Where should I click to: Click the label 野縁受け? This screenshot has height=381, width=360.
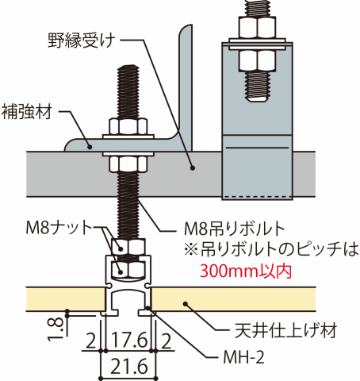82,40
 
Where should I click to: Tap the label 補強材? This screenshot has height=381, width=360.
27,112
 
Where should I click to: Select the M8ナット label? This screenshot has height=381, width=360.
59,228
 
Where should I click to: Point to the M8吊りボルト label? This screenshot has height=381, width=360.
234,229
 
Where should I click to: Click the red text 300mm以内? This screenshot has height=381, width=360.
246,271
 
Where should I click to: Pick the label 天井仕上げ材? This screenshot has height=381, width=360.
286,330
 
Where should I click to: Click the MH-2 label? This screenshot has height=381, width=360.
243,357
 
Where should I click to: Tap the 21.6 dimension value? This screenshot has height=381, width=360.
128,367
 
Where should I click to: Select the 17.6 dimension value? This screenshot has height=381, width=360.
128,340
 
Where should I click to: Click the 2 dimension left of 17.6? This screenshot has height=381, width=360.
91,341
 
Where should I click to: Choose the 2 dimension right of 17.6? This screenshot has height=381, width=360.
166,341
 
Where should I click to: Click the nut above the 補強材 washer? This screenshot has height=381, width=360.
128,126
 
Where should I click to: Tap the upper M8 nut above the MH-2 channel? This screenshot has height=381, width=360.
128,247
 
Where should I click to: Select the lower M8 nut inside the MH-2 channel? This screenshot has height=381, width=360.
128,268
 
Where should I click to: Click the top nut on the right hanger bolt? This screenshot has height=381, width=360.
257,27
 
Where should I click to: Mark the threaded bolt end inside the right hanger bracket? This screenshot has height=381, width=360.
257,87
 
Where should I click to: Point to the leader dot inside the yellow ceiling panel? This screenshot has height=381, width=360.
186,304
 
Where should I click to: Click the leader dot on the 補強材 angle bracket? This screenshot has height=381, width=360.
90,146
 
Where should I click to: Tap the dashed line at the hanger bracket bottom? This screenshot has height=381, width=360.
257,196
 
